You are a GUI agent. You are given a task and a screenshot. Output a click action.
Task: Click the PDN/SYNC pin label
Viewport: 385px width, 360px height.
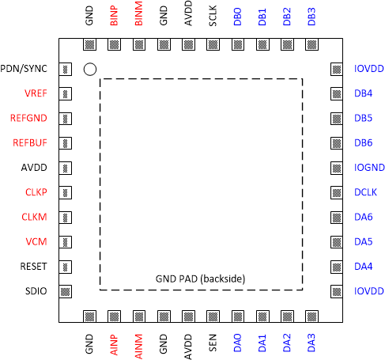click(x=25, y=69)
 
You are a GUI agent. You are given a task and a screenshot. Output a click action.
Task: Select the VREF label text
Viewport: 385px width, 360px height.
click(x=36, y=93)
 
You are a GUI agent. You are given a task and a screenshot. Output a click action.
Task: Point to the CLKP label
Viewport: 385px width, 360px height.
click(x=36, y=192)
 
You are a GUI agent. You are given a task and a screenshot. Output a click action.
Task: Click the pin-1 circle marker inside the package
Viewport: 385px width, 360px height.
click(x=90, y=70)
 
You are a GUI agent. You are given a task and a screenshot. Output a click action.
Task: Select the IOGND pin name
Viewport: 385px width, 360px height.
click(x=368, y=168)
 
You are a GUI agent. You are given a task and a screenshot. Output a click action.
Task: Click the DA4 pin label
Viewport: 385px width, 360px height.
click(x=364, y=267)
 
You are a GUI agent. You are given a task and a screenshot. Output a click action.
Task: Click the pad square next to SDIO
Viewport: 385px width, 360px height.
click(x=66, y=291)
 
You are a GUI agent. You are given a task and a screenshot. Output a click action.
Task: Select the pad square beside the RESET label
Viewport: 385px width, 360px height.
click(x=66, y=267)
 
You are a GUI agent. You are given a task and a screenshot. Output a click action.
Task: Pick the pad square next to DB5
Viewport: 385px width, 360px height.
click(x=335, y=119)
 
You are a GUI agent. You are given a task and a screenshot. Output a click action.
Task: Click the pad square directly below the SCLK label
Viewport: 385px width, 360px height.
click(x=213, y=45)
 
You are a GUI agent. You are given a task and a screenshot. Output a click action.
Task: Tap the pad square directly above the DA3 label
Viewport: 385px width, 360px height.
click(x=311, y=316)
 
